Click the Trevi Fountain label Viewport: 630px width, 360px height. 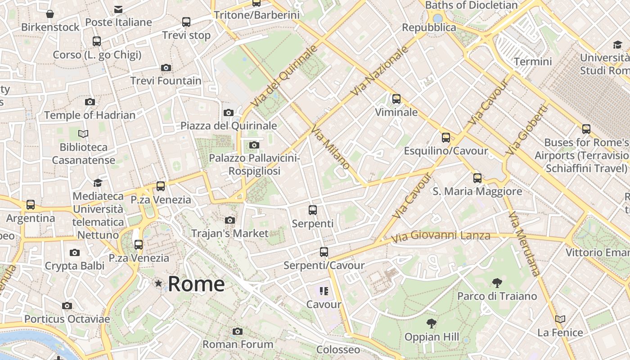point(166,81)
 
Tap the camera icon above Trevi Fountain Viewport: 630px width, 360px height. point(166,68)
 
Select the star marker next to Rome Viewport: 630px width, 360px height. point(158,283)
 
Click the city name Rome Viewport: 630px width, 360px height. point(196,283)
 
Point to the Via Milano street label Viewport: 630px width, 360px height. point(330,147)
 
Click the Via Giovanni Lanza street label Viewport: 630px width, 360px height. point(441,236)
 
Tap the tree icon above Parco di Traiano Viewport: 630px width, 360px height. point(497,283)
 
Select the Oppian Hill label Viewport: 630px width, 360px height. point(432,337)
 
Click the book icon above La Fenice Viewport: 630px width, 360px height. point(560,319)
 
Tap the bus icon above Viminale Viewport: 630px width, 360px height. point(396,99)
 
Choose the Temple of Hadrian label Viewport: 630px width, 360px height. point(90,115)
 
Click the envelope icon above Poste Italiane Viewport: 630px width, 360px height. point(118,9)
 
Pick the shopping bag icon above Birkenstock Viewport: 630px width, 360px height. point(50,14)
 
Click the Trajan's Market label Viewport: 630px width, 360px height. point(229,234)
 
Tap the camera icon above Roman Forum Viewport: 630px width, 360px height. point(238,332)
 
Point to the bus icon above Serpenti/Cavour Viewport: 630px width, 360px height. point(324,252)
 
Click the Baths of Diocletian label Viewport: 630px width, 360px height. point(471,5)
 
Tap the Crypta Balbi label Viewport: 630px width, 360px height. point(75,266)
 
